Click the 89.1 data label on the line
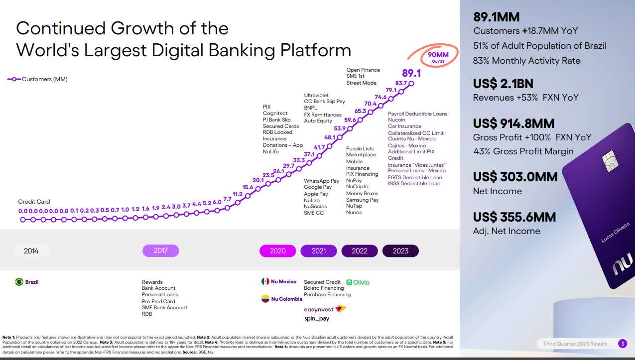(x=411, y=73)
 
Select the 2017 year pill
(x=160, y=250)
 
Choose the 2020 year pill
(x=277, y=251)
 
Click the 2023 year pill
(x=400, y=251)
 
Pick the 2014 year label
(x=31, y=251)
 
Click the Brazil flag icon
(x=19, y=282)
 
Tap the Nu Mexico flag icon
(x=265, y=281)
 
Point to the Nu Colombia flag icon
(x=265, y=299)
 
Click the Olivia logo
(x=358, y=282)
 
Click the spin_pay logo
(x=317, y=319)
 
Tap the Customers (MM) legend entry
(x=37, y=79)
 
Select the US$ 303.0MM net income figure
(x=515, y=176)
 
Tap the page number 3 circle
(x=623, y=344)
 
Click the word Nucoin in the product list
(x=396, y=120)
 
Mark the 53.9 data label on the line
(x=340, y=128)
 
